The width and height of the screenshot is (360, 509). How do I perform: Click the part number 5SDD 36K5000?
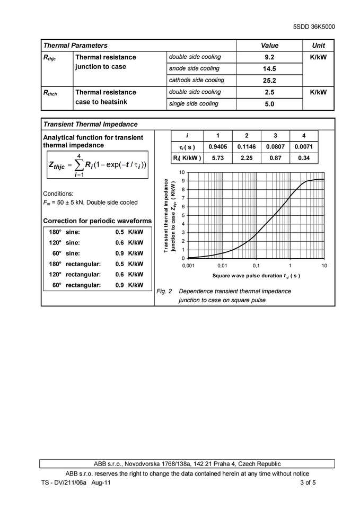click(314, 27)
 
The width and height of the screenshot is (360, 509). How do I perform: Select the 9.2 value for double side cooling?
click(269, 57)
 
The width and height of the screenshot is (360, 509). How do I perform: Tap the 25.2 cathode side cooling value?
click(269, 81)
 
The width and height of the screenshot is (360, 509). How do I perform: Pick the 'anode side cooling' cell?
click(194, 69)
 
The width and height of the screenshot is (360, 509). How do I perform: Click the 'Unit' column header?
click(318, 46)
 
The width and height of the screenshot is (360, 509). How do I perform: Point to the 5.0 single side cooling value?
click(269, 104)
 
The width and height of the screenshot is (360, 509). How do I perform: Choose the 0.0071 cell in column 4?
click(304, 147)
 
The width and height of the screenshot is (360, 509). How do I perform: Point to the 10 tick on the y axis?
click(182, 173)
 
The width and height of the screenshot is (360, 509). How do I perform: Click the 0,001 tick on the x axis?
click(189, 265)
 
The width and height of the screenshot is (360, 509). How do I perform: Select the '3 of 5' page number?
click(308, 483)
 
